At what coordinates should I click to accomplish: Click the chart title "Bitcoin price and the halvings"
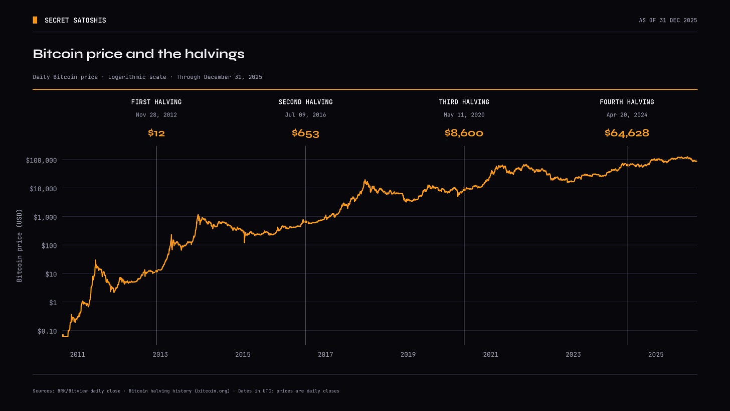(x=138, y=54)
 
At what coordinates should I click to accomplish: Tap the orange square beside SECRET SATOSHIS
(x=35, y=20)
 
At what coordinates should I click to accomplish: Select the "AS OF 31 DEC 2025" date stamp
(x=668, y=20)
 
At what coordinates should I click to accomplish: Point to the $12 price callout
(x=156, y=133)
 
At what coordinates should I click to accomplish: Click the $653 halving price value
(x=305, y=133)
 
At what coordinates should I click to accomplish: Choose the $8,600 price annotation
(x=464, y=133)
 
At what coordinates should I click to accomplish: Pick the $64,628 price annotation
(x=627, y=133)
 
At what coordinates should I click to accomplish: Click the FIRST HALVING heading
(x=156, y=102)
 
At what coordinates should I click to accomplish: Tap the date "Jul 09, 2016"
(x=305, y=115)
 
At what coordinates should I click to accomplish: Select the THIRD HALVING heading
(x=464, y=102)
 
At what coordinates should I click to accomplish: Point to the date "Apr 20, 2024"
(x=627, y=115)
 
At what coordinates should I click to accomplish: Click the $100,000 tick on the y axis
(x=42, y=160)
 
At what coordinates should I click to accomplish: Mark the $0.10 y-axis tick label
(x=47, y=331)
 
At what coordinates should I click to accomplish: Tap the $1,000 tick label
(x=45, y=217)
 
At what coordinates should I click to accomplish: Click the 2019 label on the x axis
(x=408, y=355)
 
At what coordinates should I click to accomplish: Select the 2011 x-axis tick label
(x=78, y=355)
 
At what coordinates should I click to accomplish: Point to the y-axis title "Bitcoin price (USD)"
(x=20, y=245)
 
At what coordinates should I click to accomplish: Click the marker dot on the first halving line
(x=156, y=271)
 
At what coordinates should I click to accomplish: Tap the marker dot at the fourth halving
(x=627, y=165)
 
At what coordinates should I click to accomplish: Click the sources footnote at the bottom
(x=186, y=391)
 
